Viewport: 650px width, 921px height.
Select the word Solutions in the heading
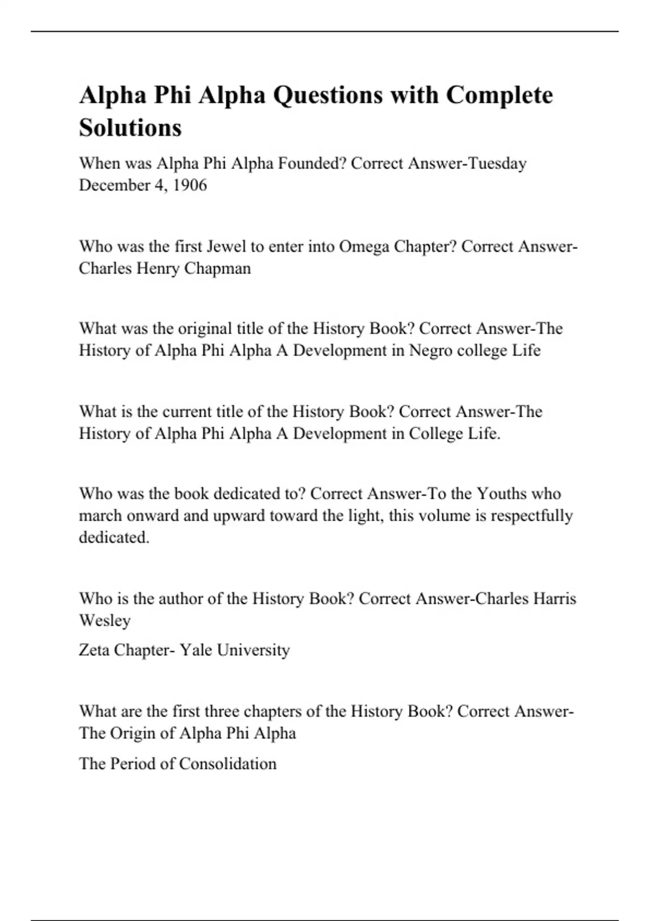pos(130,128)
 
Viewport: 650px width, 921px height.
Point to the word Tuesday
pos(497,163)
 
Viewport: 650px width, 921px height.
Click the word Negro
pos(431,351)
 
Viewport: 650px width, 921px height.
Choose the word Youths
pos(501,494)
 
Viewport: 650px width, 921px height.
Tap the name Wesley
pos(105,620)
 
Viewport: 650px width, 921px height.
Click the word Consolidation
pos(227,764)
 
